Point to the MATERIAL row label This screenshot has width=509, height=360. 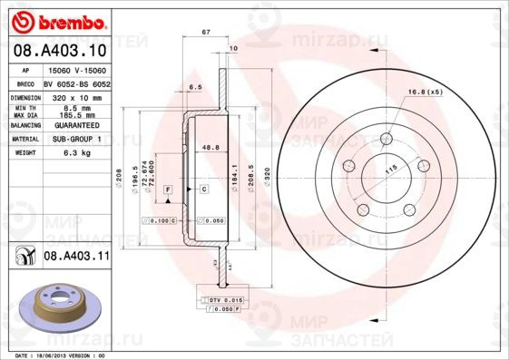click(x=24, y=139)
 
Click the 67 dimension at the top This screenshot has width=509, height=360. click(x=206, y=32)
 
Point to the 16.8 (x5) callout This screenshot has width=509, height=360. click(x=425, y=92)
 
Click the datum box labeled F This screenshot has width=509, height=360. click(x=168, y=188)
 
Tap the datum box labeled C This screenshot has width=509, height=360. click(x=204, y=188)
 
